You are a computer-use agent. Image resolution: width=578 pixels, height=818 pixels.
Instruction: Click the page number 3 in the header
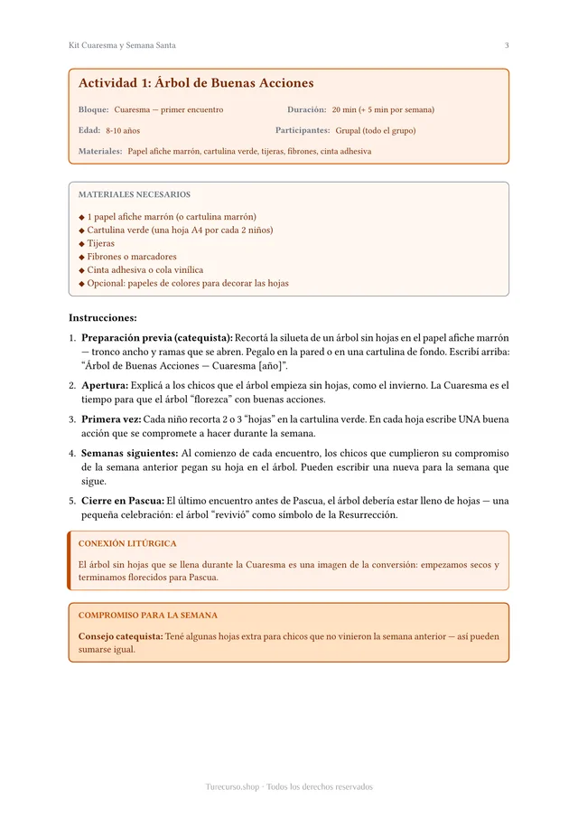pyautogui.click(x=507, y=45)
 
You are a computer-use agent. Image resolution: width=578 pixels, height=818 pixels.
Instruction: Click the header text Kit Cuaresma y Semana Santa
pyautogui.click(x=122, y=45)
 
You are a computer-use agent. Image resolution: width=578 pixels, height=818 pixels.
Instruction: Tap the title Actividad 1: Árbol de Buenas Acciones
pyautogui.click(x=196, y=83)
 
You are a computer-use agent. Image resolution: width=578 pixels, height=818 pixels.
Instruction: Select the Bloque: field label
pyautogui.click(x=93, y=109)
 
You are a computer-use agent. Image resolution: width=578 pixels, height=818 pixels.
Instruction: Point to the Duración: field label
pyautogui.click(x=306, y=109)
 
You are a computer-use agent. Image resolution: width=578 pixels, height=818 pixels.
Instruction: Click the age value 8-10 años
pyautogui.click(x=123, y=130)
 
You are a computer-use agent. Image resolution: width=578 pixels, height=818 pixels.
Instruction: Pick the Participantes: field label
pyautogui.click(x=302, y=130)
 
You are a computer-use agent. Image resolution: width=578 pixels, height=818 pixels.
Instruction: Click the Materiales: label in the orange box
pyautogui.click(x=100, y=151)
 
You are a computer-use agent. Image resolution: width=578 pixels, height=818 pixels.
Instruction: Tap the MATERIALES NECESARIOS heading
pyautogui.click(x=135, y=194)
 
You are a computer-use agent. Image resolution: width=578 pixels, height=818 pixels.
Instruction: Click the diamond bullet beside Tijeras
pyautogui.click(x=81, y=244)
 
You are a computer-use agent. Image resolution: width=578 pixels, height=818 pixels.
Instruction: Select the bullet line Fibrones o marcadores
pyautogui.click(x=132, y=257)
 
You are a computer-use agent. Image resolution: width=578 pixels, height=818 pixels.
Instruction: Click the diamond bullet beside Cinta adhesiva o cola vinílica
pyautogui.click(x=81, y=270)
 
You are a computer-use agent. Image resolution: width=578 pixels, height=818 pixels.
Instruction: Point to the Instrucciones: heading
pyautogui.click(x=103, y=318)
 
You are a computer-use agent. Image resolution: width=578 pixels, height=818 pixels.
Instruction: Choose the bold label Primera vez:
pyautogui.click(x=111, y=419)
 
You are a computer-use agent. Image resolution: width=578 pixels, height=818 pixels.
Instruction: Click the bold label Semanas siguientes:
pyautogui.click(x=129, y=453)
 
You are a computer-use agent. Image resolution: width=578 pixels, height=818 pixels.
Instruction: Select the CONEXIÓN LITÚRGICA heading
pyautogui.click(x=127, y=543)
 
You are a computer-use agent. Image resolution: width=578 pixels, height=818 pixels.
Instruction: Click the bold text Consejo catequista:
pyautogui.click(x=120, y=636)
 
